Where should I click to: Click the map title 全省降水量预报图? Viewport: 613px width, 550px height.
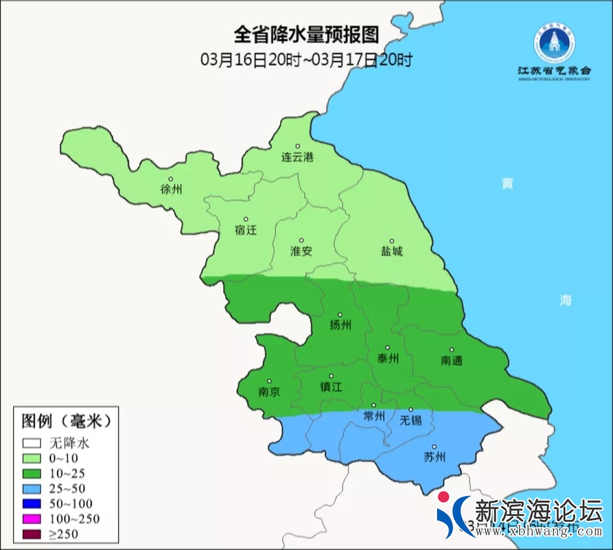pyautogui.click(x=306, y=35)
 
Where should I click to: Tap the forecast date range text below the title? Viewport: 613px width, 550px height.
pyautogui.click(x=306, y=60)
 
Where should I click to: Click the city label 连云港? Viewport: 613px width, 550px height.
pyautogui.click(x=298, y=158)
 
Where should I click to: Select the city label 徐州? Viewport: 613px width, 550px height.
pyautogui.click(x=171, y=189)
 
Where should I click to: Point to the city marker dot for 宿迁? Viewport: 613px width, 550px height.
pyautogui.click(x=245, y=219)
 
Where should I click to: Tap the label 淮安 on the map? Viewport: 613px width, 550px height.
pyautogui.click(x=301, y=251)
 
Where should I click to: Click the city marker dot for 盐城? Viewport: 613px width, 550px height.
pyautogui.click(x=392, y=241)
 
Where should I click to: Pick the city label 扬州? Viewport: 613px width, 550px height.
pyautogui.click(x=340, y=325)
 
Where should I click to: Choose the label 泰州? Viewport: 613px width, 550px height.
pyautogui.click(x=387, y=358)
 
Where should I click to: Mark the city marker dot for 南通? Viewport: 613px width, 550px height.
pyautogui.click(x=451, y=350)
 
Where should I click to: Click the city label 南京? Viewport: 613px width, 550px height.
pyautogui.click(x=269, y=392)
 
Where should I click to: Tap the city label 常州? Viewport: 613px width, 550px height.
pyautogui.click(x=374, y=416)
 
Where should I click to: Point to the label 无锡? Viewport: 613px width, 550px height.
pyautogui.click(x=411, y=419)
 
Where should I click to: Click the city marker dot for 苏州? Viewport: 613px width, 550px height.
pyautogui.click(x=434, y=446)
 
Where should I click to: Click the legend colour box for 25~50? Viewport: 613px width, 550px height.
pyautogui.click(x=32, y=489)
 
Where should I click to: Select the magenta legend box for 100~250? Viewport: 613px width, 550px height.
pyautogui.click(x=32, y=519)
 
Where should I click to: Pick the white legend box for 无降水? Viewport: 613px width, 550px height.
pyautogui.click(x=32, y=444)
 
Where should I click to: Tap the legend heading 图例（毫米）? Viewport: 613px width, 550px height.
pyautogui.click(x=66, y=421)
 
